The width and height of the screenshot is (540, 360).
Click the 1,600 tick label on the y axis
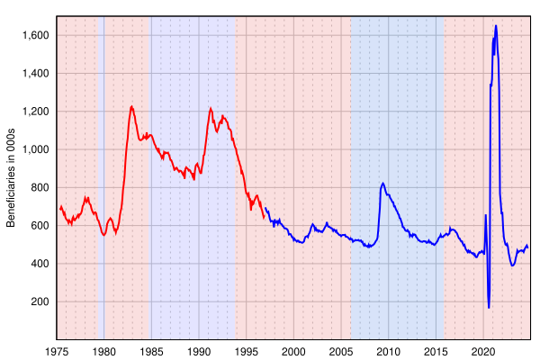(x=35, y=35)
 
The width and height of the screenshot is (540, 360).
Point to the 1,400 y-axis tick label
(x=35, y=74)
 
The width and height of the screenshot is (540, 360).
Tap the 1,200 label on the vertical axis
(x=35, y=112)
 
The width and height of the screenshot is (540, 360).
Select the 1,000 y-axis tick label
(x=35, y=149)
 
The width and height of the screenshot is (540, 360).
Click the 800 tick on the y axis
(x=40, y=187)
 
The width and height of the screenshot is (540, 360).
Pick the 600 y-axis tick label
(x=40, y=225)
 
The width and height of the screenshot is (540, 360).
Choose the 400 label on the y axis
(x=40, y=264)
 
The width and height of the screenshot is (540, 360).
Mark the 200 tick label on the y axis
(x=40, y=301)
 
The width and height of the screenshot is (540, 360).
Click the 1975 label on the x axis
(x=57, y=352)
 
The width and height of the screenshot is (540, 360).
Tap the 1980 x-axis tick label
(x=104, y=352)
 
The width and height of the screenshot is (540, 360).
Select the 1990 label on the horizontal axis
(x=199, y=352)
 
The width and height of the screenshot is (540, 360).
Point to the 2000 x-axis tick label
(x=293, y=352)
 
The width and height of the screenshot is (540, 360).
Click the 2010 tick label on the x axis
(x=389, y=352)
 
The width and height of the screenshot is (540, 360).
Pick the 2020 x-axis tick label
(x=483, y=352)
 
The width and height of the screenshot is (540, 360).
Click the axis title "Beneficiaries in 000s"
(x=11, y=178)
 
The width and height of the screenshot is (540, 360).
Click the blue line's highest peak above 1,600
(x=496, y=25)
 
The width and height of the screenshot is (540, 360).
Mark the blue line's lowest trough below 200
(x=489, y=307)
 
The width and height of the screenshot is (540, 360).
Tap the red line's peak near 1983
(x=131, y=106)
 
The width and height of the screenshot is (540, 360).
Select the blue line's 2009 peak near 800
(x=382, y=184)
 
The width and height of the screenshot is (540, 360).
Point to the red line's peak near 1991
(x=211, y=109)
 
